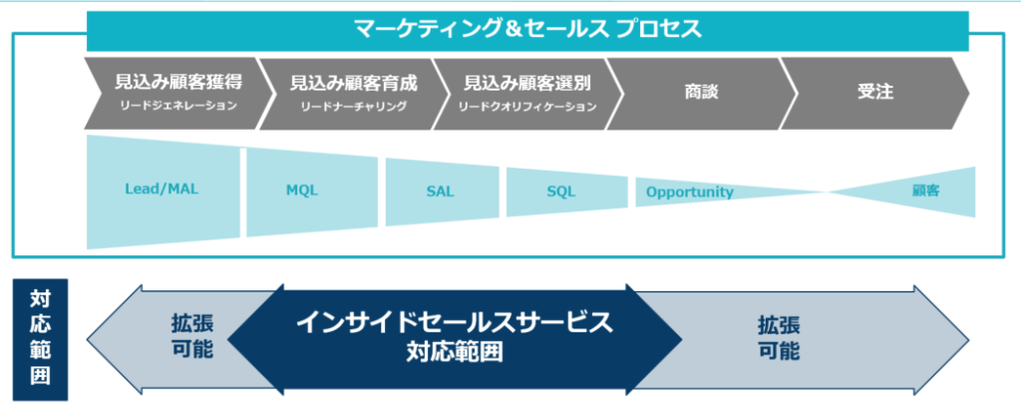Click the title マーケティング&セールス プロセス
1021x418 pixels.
click(x=527, y=29)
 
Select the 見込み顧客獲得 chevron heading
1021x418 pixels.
click(x=178, y=83)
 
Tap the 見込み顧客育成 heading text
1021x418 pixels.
click(x=353, y=83)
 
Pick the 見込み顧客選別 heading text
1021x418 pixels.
click(x=527, y=83)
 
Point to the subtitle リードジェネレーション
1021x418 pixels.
click(x=178, y=106)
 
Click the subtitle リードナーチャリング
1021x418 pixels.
click(x=353, y=107)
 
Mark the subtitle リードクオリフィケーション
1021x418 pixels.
click(x=527, y=107)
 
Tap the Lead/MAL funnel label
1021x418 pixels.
click(x=162, y=190)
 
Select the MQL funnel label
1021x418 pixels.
click(x=302, y=191)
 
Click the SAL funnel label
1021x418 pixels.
click(x=440, y=192)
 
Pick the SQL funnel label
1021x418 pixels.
click(x=561, y=192)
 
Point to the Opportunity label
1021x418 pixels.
click(x=690, y=193)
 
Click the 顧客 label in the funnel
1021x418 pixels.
click(x=926, y=191)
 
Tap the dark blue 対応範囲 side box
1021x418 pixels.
click(x=40, y=339)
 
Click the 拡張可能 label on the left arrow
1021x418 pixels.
click(x=192, y=336)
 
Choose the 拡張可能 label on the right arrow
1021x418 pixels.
click(x=780, y=338)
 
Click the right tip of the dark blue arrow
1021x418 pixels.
click(x=682, y=339)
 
